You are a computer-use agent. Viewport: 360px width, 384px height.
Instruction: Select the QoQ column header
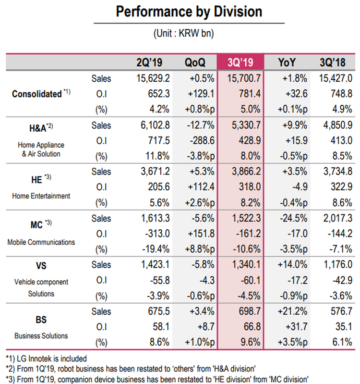point(194,62)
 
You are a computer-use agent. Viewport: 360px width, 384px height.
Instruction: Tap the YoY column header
point(287,62)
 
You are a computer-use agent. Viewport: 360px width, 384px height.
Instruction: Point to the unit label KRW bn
point(189,34)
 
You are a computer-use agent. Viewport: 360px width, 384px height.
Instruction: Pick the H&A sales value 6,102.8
point(150,125)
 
